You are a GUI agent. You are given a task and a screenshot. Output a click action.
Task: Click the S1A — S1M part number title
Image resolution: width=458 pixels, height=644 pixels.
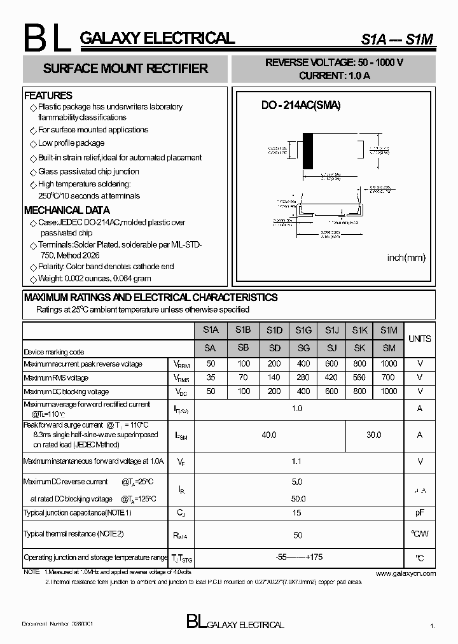click(397, 39)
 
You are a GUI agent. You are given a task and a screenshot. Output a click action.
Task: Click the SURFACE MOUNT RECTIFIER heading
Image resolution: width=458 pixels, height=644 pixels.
click(125, 69)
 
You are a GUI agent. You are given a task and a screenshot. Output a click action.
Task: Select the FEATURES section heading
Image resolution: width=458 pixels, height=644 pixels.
click(48, 95)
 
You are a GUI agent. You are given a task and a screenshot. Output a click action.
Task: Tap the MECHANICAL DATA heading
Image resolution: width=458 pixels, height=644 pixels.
click(67, 210)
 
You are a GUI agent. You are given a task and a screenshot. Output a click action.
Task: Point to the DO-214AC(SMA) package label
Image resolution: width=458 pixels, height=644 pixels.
click(301, 106)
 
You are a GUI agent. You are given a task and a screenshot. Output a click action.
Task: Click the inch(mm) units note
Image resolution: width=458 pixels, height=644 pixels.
click(406, 258)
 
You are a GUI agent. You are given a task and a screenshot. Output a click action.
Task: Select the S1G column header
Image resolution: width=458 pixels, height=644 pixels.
click(303, 330)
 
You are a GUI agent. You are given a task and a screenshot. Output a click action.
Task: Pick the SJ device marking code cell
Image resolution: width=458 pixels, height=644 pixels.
click(331, 348)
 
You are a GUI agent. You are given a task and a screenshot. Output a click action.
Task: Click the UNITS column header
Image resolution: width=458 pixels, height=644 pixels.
click(419, 339)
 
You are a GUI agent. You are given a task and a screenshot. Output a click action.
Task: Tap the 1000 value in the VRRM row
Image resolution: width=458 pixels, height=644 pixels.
click(389, 364)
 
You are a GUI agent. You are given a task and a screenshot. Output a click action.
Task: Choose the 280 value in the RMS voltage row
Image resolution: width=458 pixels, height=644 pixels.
click(303, 378)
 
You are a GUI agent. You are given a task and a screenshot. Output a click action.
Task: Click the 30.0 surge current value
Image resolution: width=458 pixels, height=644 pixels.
click(374, 435)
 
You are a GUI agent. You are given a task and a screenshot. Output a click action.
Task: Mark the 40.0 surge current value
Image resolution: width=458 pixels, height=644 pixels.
click(269, 435)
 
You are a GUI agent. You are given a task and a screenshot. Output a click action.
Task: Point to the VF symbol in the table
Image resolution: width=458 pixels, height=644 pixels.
click(181, 462)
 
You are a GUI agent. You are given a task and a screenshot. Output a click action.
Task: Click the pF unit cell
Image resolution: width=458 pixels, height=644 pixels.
click(419, 513)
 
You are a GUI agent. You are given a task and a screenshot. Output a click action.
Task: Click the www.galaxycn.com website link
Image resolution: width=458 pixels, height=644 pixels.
click(406, 573)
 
